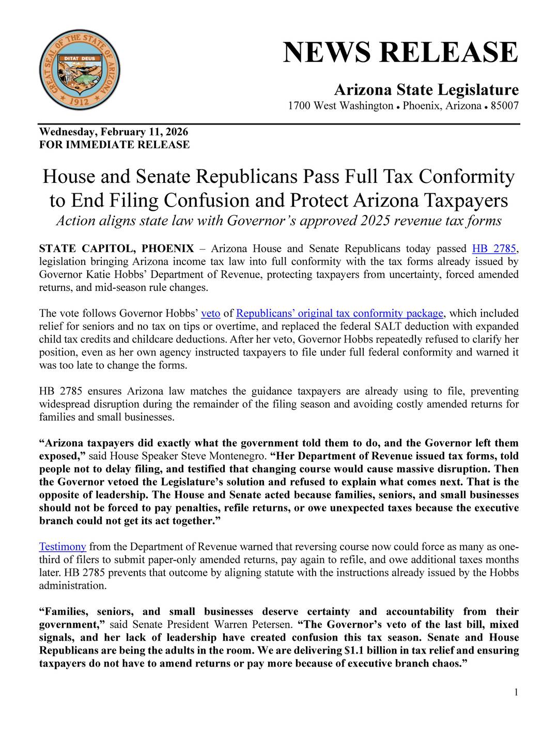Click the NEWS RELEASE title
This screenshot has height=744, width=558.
(400, 52)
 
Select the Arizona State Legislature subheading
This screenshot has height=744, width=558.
(426, 90)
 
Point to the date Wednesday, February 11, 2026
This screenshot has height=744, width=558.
(114, 132)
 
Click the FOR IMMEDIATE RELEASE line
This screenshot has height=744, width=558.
(114, 145)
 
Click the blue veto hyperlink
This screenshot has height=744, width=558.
(210, 314)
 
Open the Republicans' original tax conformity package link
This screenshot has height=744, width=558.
(339, 314)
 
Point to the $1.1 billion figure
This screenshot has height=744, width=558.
(363, 650)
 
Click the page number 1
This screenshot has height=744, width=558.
(516, 692)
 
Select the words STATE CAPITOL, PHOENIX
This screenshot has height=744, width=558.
(117, 249)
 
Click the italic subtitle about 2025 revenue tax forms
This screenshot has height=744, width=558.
(278, 221)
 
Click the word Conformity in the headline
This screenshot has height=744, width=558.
(467, 177)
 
